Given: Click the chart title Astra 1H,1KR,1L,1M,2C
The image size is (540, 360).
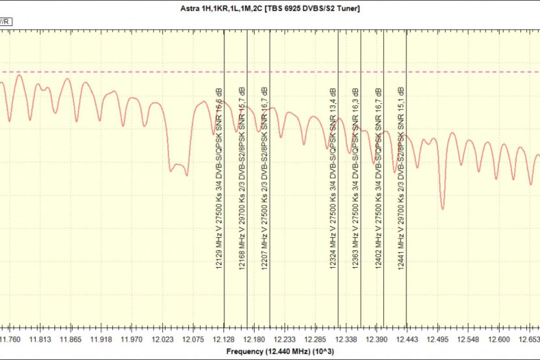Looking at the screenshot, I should pyautogui.click(x=270, y=8).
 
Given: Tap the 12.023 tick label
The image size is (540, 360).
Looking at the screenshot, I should pyautogui.click(x=162, y=339).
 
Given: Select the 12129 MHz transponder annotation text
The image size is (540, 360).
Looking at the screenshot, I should pyautogui.click(x=219, y=178).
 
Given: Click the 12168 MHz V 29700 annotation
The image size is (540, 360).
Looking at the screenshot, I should pyautogui.click(x=242, y=178).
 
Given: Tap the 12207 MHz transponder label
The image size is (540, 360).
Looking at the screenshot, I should pyautogui.click(x=265, y=178).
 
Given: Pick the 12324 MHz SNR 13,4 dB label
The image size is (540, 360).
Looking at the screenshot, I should pyautogui.click(x=333, y=178).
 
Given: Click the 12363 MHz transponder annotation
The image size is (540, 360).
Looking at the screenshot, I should pyautogui.click(x=355, y=178).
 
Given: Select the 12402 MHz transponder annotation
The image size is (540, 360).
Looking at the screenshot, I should pyautogui.click(x=378, y=178).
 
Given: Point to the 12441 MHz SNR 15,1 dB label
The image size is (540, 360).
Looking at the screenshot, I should pyautogui.click(x=401, y=178).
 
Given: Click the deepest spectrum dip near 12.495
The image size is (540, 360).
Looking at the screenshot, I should pyautogui.click(x=443, y=208).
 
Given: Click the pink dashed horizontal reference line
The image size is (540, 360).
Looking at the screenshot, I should pyautogui.click(x=135, y=72).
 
